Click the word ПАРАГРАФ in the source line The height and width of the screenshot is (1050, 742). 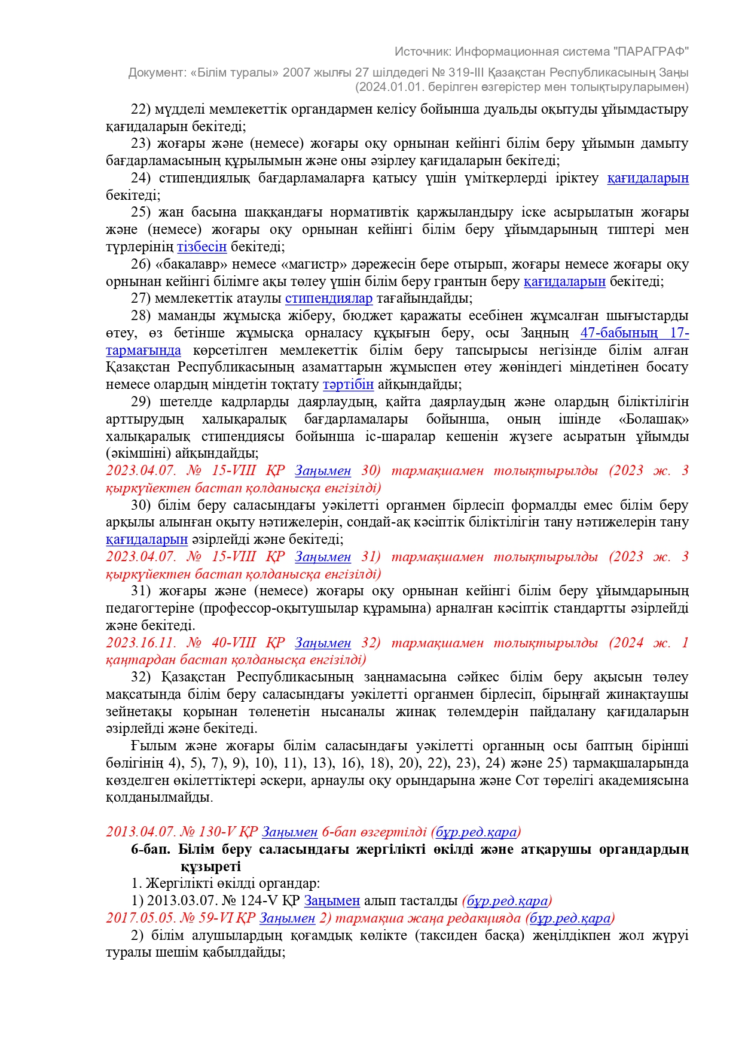[651, 51]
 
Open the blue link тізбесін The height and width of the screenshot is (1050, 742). [202, 246]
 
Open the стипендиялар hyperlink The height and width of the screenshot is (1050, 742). [329, 298]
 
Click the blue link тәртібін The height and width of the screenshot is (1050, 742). [348, 384]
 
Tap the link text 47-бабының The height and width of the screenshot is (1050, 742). [618, 333]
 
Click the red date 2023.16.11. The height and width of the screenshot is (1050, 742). [141, 643]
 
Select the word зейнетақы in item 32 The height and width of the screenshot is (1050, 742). [139, 711]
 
